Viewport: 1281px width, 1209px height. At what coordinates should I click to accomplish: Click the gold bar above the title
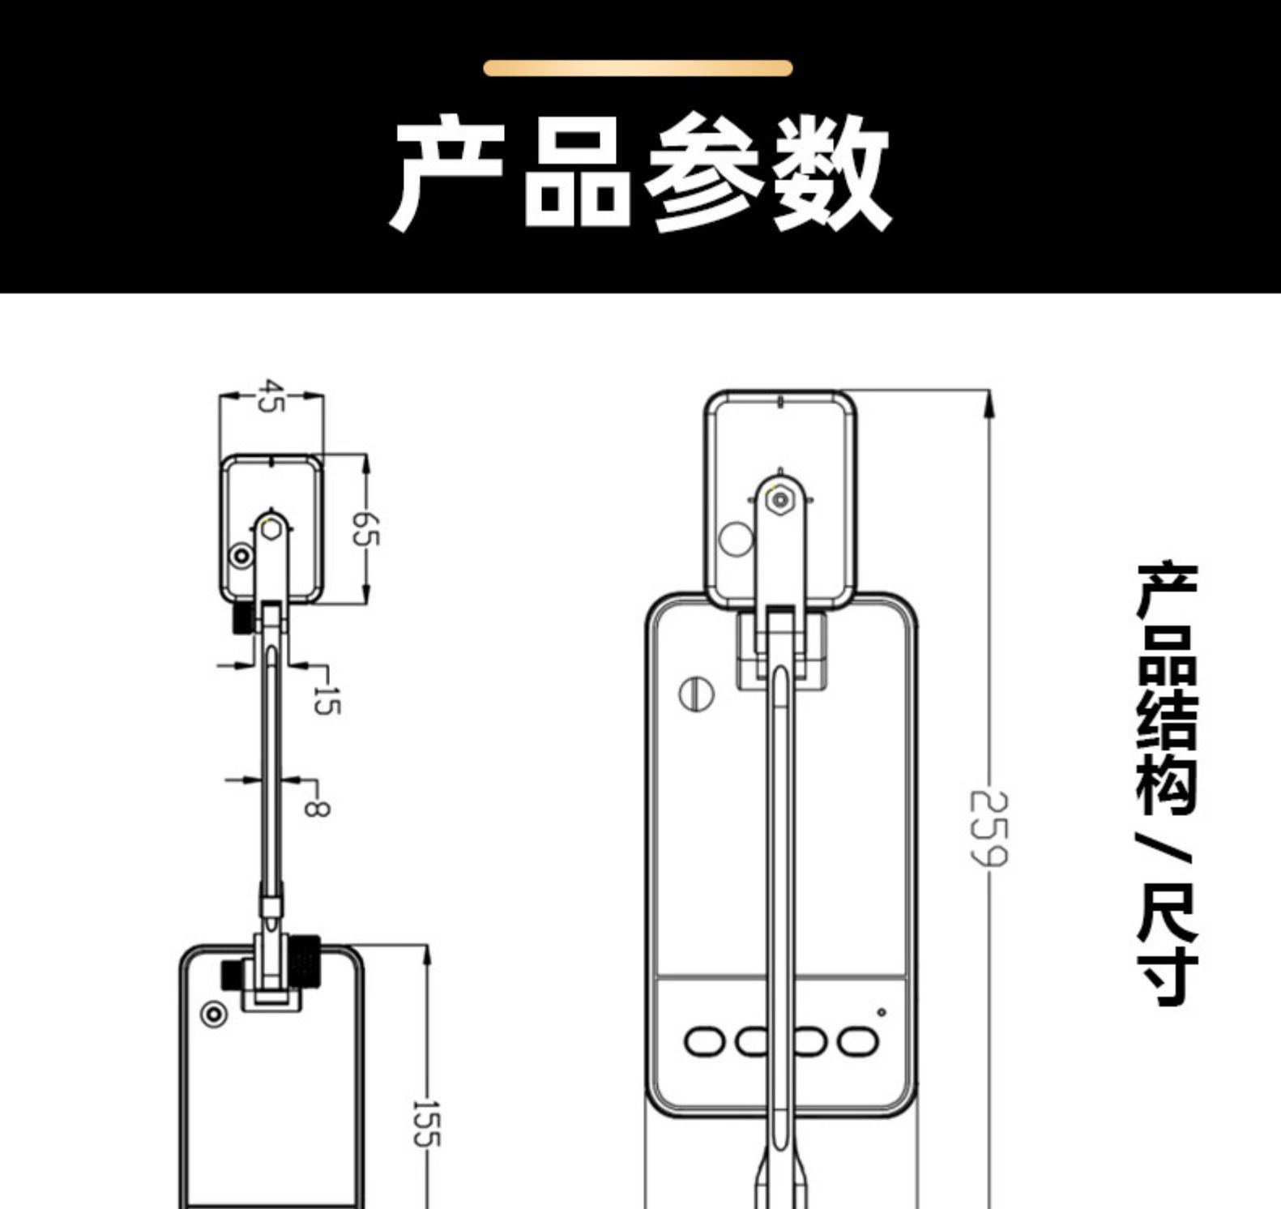tap(638, 68)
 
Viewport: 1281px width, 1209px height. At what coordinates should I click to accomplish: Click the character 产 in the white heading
tap(450, 173)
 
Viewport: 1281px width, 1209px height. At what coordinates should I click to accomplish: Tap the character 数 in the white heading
tap(831, 173)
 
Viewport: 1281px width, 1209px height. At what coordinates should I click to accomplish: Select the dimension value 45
tap(272, 395)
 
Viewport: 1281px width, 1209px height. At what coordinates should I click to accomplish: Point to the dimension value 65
tap(365, 528)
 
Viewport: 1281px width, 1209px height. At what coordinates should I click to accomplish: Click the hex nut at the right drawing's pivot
tap(779, 499)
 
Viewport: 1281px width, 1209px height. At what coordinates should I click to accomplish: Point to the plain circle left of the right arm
tap(736, 539)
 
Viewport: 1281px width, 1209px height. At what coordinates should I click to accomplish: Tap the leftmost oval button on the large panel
tap(705, 1041)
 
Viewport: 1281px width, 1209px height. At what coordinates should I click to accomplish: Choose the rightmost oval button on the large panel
tap(857, 1041)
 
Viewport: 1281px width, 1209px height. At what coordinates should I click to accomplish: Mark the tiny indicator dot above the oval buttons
tap(882, 1012)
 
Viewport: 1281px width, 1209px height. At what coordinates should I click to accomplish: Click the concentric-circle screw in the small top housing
tap(241, 557)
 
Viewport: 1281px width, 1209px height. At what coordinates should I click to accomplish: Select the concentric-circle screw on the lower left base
tap(213, 1014)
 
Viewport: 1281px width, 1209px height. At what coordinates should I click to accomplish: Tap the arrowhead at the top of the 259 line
tap(989, 404)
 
